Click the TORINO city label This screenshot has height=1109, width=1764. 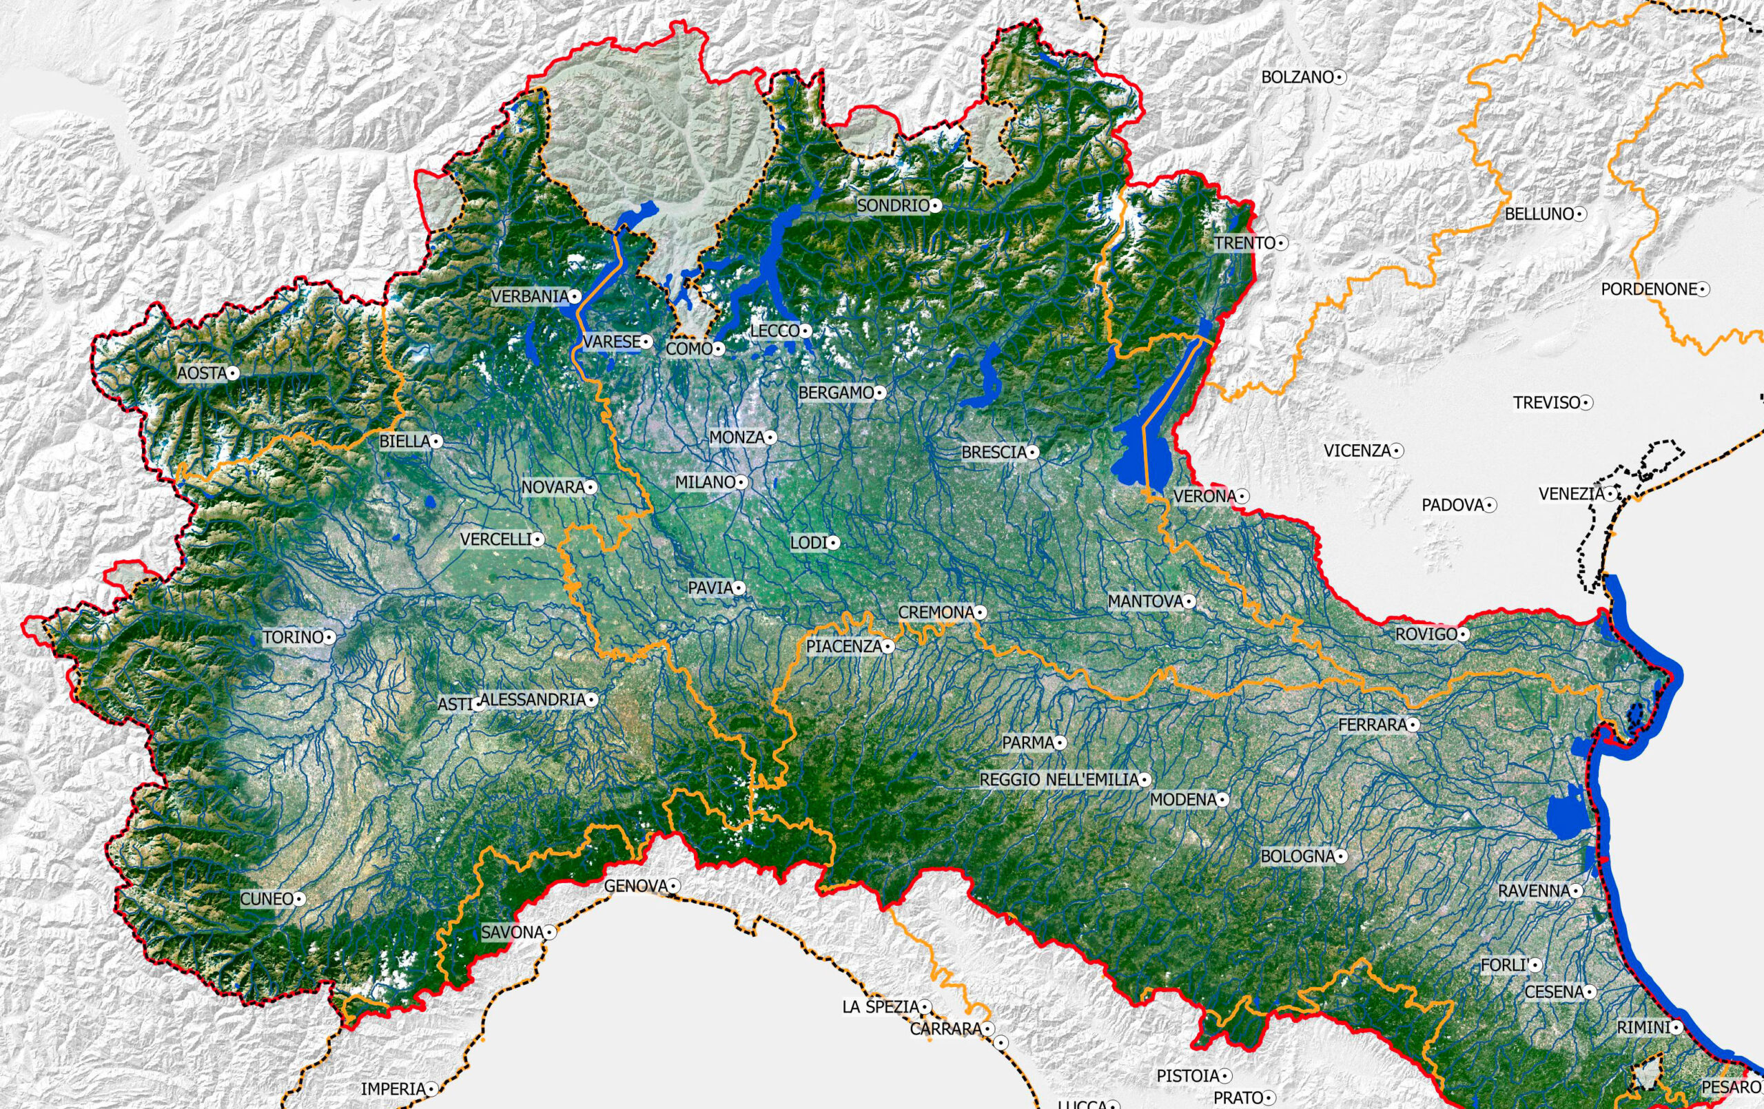pos(293,637)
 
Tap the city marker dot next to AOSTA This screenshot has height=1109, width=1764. pos(233,373)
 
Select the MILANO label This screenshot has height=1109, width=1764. pos(705,482)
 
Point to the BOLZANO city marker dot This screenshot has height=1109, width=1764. pos(1340,76)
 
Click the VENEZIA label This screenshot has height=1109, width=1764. pos(1571,494)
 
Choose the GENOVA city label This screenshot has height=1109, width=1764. pos(635,887)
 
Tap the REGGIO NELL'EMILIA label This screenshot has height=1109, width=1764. pos(1058,780)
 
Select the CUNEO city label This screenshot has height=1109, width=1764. pos(267,899)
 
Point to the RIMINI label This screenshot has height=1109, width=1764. pos(1644,1028)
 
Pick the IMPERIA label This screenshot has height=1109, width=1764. pos(393,1089)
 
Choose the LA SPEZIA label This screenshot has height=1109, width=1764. pos(881,1007)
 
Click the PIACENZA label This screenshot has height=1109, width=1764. pos(844,647)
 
